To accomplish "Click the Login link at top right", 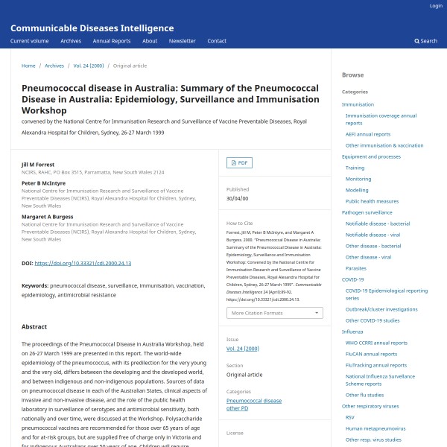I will tap(436, 6).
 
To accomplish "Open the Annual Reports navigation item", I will tap(112, 41).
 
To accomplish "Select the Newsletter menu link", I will tap(182, 41).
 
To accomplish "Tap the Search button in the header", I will tap(426, 41).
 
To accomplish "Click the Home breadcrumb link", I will tap(28, 66).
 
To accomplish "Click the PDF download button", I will tap(239, 162).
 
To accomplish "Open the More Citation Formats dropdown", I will tap(275, 313).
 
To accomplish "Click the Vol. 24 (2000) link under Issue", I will tap(243, 349).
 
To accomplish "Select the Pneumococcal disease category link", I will tap(254, 401).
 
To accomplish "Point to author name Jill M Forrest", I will tap(38, 164).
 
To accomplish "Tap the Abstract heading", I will tap(34, 327).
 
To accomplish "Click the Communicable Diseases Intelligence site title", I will tap(92, 28).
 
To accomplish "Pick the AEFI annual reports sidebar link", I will tap(367, 134).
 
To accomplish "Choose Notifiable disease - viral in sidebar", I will tap(372, 234).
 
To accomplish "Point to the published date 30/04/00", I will tap(237, 199).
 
